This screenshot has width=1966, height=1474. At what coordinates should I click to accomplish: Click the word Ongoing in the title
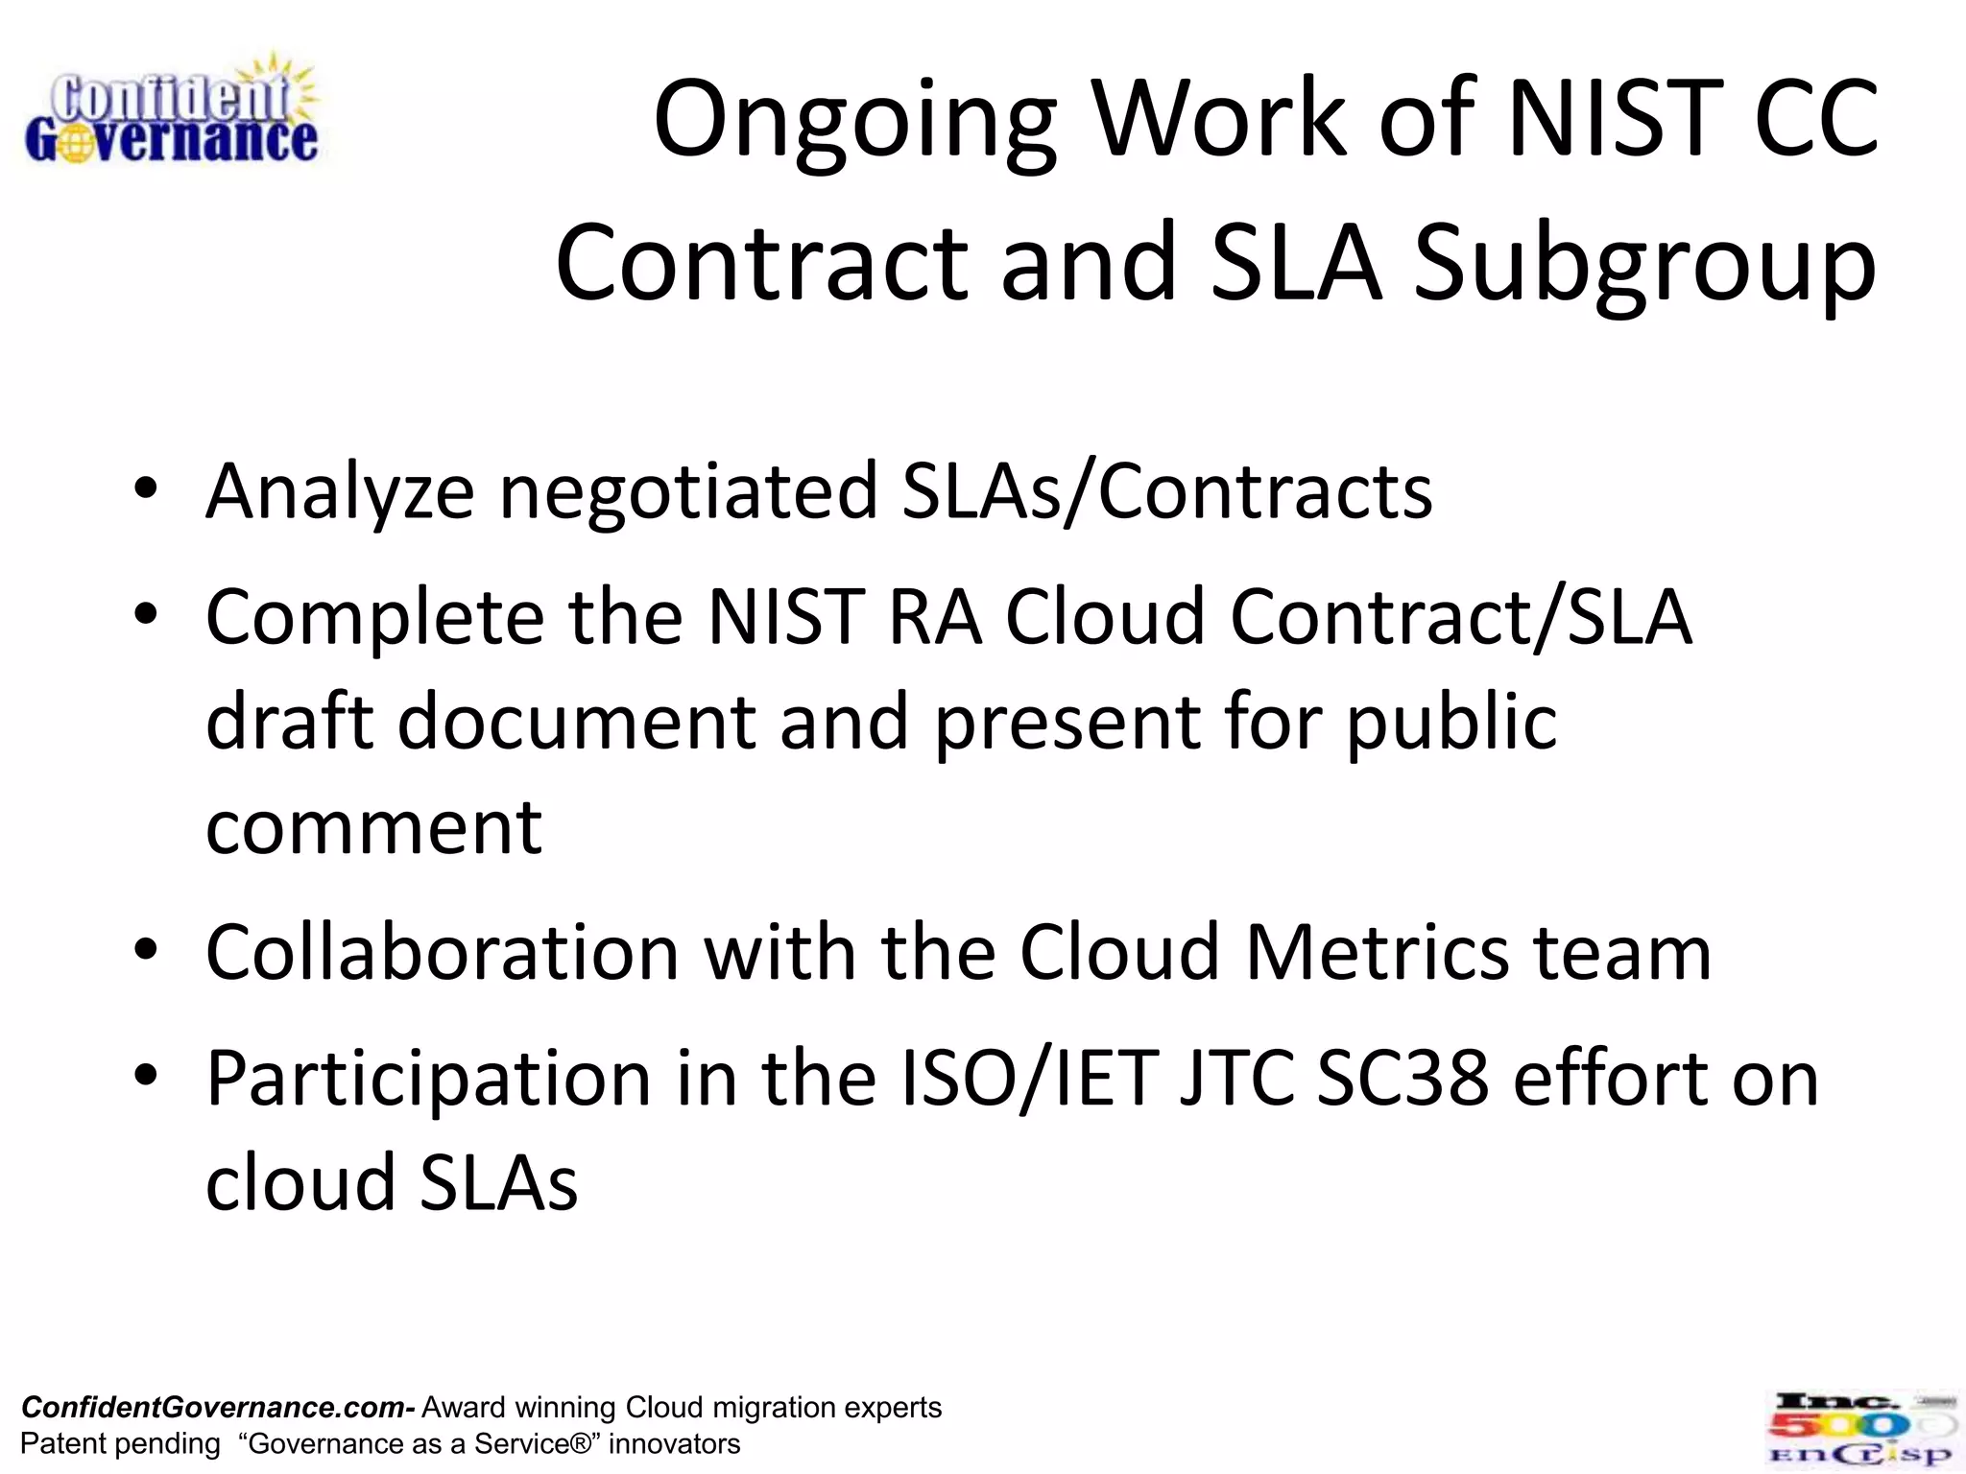click(854, 121)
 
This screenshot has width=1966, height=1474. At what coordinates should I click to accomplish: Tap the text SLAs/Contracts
click(1166, 491)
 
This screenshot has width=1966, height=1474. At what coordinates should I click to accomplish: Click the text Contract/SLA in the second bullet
click(1460, 617)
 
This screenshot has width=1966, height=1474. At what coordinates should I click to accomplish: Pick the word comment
click(374, 827)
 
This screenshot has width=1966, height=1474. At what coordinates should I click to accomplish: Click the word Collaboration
click(443, 953)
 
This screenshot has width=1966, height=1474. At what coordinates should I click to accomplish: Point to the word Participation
click(429, 1080)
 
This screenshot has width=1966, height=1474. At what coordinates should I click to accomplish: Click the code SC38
click(1402, 1080)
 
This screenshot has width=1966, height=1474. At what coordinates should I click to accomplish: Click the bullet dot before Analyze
click(146, 488)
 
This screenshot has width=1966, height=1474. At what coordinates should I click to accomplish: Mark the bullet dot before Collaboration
click(146, 949)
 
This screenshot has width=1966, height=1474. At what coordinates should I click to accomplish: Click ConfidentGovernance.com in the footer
click(216, 1408)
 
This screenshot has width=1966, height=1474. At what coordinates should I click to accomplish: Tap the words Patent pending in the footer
click(120, 1444)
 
